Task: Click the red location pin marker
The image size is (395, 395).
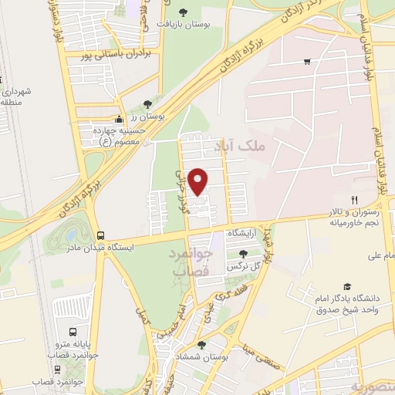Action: click(198, 181)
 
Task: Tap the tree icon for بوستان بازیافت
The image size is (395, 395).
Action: click(183, 12)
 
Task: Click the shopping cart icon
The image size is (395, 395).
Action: click(307, 62)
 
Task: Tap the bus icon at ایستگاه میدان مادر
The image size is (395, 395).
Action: click(100, 235)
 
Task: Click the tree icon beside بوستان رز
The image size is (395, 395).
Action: click(148, 103)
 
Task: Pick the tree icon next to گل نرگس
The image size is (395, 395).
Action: click(243, 254)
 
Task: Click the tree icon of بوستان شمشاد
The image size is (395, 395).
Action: click(201, 345)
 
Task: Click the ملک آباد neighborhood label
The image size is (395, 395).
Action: click(258, 144)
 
